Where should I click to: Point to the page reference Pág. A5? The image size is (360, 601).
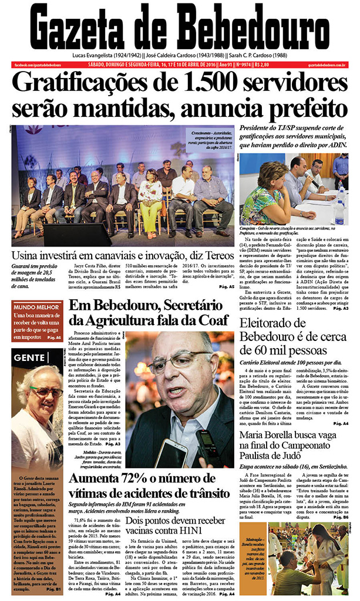click(x=227, y=287)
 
